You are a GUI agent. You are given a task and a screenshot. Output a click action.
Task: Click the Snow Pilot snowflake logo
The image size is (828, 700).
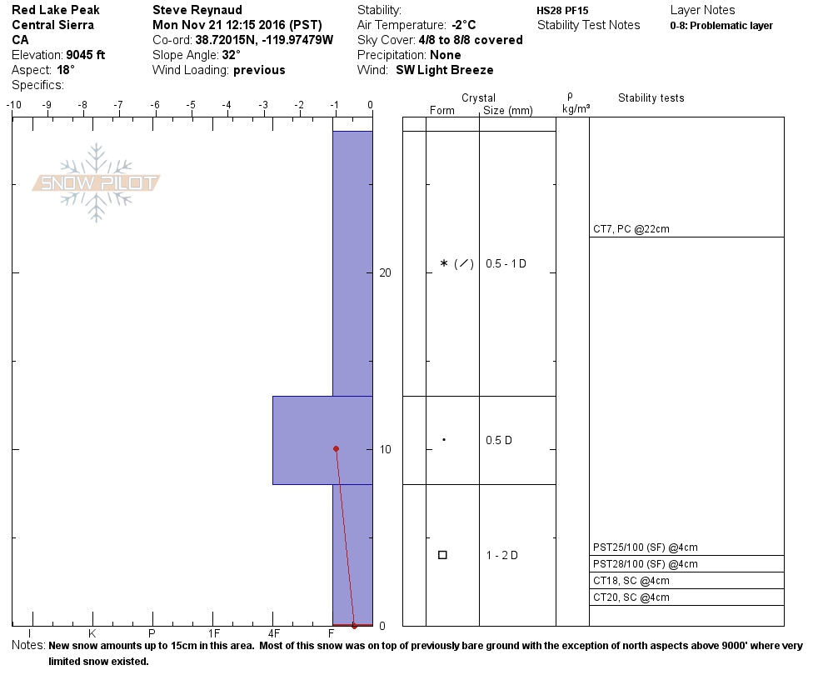[96, 182]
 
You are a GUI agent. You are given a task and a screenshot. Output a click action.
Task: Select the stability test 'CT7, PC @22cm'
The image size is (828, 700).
[631, 229]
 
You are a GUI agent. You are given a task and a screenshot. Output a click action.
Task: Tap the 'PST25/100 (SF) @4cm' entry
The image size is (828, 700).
[646, 547]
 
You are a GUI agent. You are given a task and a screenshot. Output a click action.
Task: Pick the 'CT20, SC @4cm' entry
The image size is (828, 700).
[631, 597]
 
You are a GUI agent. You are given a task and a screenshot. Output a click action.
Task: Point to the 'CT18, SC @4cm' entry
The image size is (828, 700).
[631, 581]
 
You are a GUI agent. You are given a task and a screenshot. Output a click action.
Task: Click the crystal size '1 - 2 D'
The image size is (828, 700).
[501, 555]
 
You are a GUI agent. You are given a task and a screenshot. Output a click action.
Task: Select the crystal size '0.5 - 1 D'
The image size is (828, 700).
[506, 263]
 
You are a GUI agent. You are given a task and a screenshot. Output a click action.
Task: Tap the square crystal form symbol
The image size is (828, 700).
[442, 555]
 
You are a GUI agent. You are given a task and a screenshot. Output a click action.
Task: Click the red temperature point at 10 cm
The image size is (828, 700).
[336, 448]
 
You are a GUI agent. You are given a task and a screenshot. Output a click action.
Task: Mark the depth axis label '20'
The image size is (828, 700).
[385, 272]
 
